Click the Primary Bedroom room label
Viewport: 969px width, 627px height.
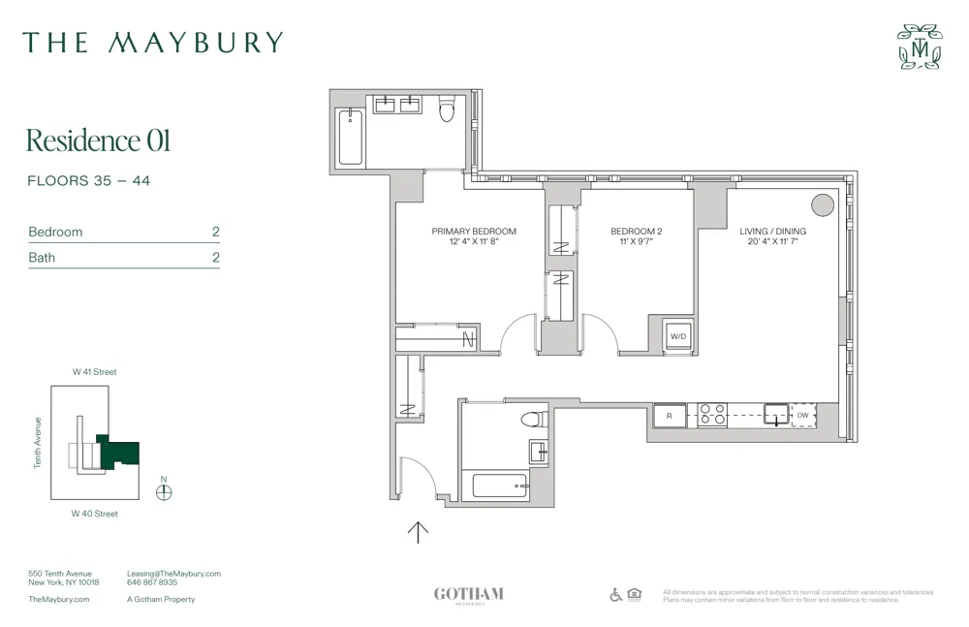click(474, 232)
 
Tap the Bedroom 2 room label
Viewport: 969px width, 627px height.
click(636, 232)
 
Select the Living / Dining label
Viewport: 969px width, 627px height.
click(772, 232)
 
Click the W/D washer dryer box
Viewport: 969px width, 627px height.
click(678, 336)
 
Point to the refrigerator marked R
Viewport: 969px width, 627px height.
click(669, 416)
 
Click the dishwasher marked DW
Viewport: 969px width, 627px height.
click(802, 416)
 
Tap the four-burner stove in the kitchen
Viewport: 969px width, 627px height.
click(713, 415)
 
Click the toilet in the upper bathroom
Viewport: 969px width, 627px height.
click(447, 110)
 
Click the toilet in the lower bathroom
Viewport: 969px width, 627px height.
click(531, 420)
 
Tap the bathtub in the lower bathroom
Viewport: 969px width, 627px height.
click(500, 486)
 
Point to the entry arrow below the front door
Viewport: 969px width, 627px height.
click(418, 532)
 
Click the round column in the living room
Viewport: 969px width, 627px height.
click(822, 204)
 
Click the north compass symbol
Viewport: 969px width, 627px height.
click(164, 491)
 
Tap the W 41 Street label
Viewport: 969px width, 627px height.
click(94, 372)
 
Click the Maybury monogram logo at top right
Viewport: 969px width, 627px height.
click(919, 47)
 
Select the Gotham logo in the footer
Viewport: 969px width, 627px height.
click(469, 595)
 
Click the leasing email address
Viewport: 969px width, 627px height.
click(173, 574)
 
